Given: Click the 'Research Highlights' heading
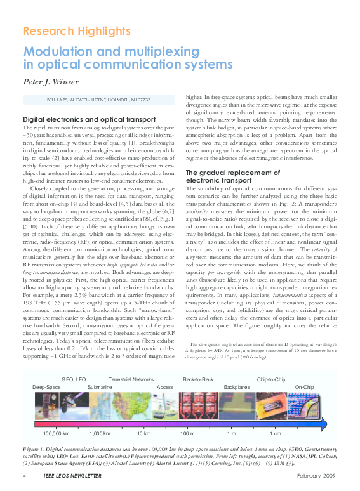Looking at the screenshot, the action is (77, 31).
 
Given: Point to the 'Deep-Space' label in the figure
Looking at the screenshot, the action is (46, 386).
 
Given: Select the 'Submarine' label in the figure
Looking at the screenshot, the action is (100, 386).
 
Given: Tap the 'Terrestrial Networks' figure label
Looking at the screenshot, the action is (131, 378).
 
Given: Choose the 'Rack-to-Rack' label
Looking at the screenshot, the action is (199, 378).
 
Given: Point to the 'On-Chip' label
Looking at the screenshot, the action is (305, 386).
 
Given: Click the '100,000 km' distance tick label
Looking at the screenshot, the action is (56, 433).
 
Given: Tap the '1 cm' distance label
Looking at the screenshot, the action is (275, 433).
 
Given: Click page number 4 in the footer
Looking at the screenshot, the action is (24, 475).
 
